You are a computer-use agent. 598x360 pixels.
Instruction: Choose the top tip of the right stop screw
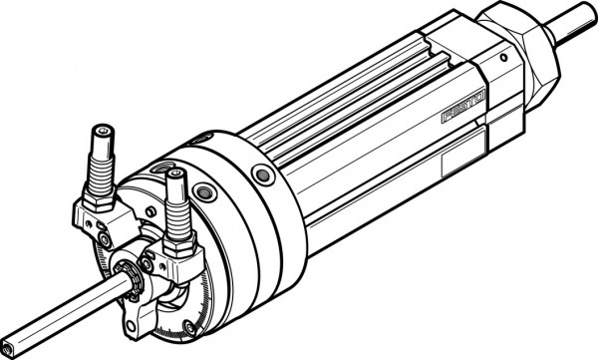click(176, 175)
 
